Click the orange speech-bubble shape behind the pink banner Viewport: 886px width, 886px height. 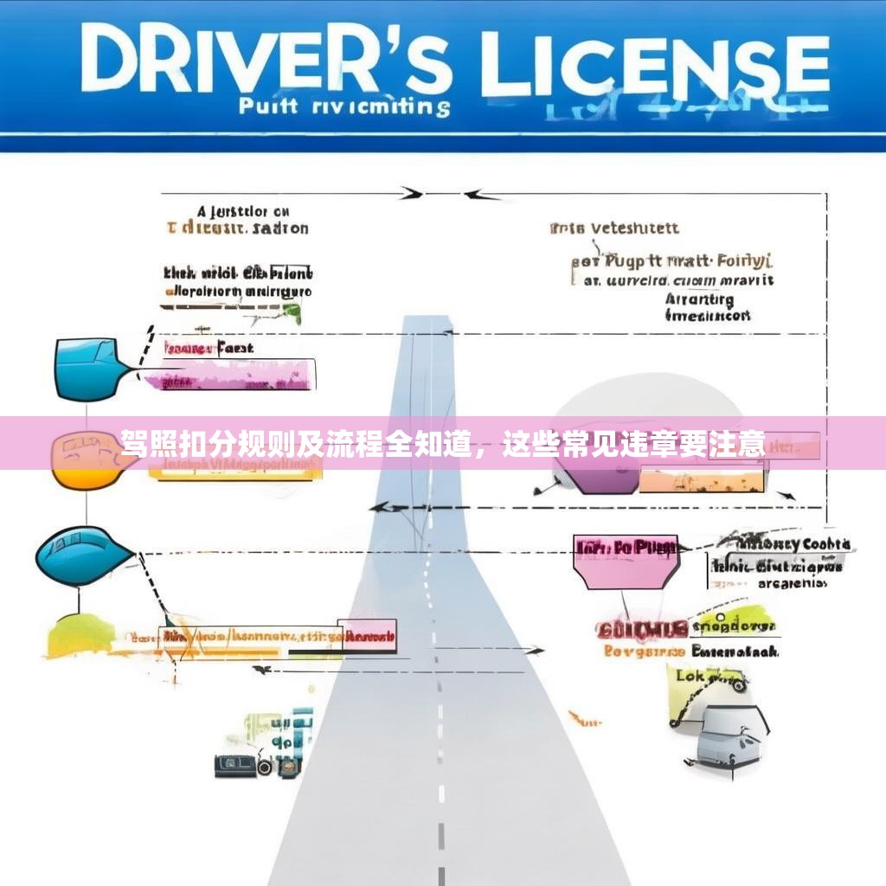[87, 459]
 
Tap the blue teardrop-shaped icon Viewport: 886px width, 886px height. [82, 553]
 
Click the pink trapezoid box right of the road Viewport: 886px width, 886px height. [626, 557]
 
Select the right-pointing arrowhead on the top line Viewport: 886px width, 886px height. [414, 193]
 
